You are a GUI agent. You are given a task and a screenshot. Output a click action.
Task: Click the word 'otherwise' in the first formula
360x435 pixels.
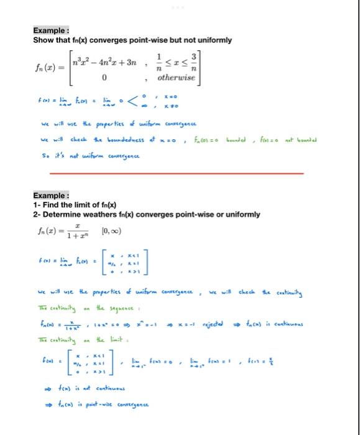pos(177,78)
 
